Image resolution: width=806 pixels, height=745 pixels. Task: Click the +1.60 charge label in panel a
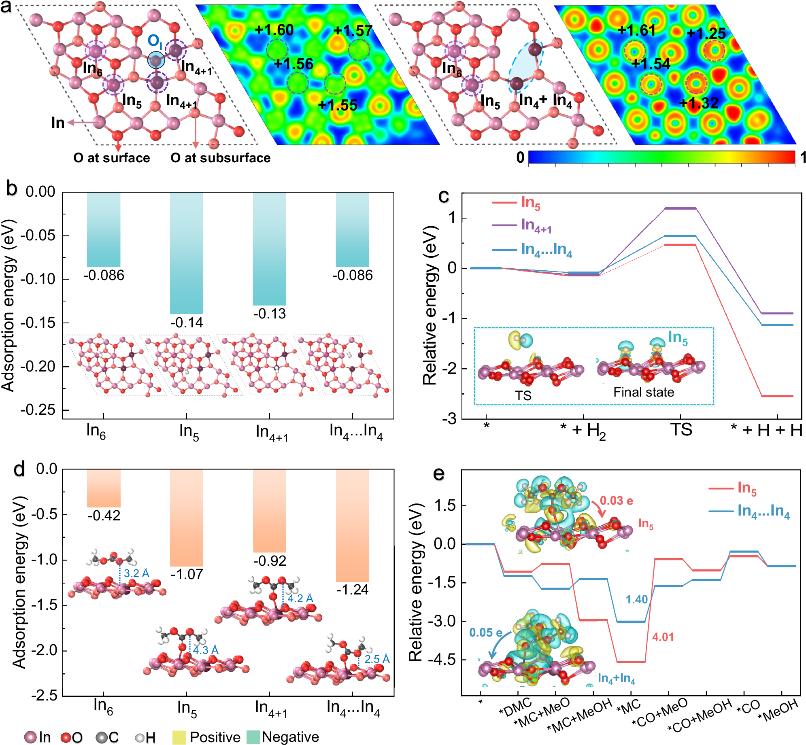pyautogui.click(x=274, y=30)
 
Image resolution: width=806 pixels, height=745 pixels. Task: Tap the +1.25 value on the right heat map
pyautogui.click(x=706, y=33)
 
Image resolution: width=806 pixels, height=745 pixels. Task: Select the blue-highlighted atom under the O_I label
pyautogui.click(x=156, y=60)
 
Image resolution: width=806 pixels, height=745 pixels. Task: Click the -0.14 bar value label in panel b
pyautogui.click(x=187, y=323)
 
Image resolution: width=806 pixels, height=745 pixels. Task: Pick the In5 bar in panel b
pyautogui.click(x=187, y=253)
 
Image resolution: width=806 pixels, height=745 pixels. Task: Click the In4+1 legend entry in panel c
pyautogui.click(x=536, y=225)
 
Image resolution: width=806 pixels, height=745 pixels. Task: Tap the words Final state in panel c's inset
pyautogui.click(x=644, y=392)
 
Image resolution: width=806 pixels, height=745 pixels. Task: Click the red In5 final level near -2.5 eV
pyautogui.click(x=777, y=396)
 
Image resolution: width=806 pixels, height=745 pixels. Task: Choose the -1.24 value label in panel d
pyautogui.click(x=352, y=590)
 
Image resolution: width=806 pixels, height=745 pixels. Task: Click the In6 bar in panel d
pyautogui.click(x=104, y=488)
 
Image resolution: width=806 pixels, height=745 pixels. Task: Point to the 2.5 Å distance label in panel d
pyautogui.click(x=377, y=659)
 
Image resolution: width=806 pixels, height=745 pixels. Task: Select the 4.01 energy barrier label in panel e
pyautogui.click(x=663, y=637)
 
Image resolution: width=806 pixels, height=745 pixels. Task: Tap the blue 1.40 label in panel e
pyautogui.click(x=637, y=599)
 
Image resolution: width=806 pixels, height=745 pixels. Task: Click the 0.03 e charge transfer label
pyautogui.click(x=616, y=501)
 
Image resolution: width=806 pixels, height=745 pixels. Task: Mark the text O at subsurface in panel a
pyautogui.click(x=220, y=158)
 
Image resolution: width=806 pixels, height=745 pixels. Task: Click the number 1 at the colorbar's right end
pyautogui.click(x=803, y=157)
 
